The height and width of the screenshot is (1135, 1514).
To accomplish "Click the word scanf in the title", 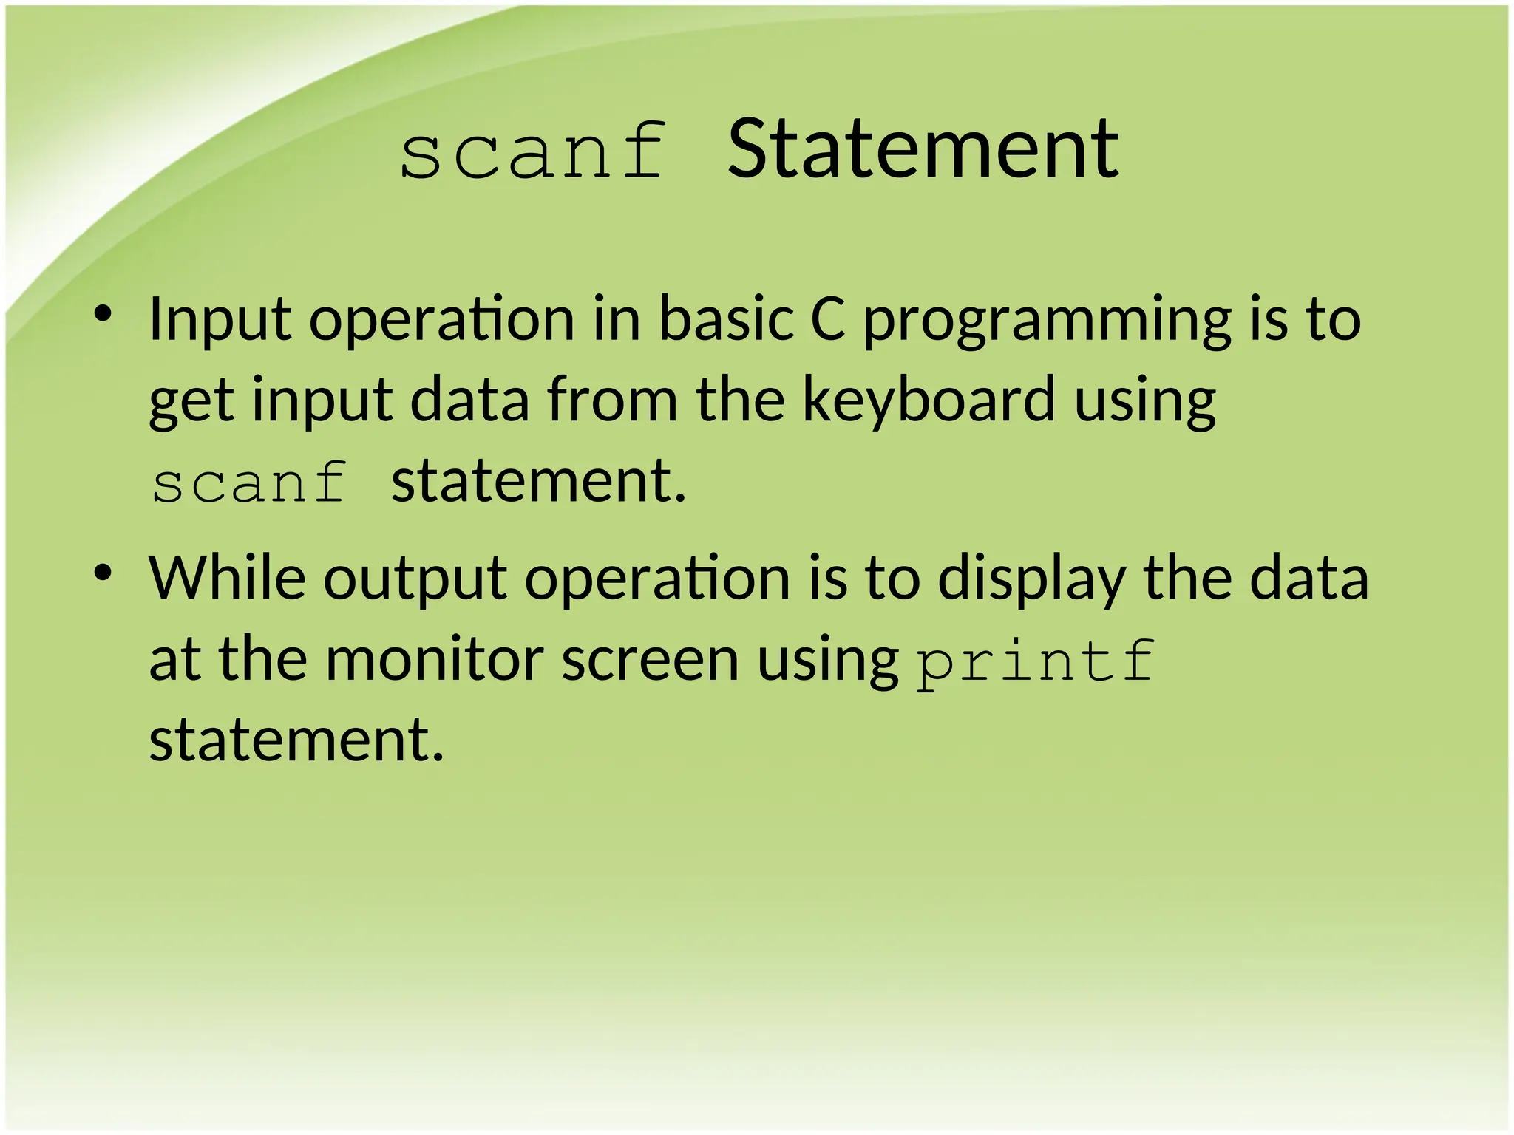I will [x=532, y=151].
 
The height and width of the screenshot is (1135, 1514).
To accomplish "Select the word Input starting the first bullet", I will [x=220, y=320].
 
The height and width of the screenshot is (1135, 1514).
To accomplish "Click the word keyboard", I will [x=929, y=400].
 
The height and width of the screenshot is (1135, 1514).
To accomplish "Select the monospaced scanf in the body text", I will [x=249, y=483].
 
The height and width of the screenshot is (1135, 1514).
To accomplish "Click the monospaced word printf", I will [x=1035, y=661].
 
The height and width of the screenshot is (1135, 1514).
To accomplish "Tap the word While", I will [x=227, y=578].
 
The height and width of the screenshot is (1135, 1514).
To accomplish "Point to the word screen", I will [x=650, y=659].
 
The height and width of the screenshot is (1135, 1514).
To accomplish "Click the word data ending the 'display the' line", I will [x=1309, y=578].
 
